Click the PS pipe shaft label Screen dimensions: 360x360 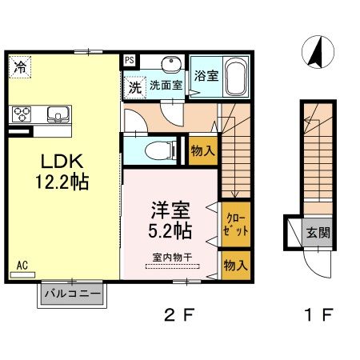(x=129, y=59)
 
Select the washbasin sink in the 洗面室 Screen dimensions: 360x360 (x=169, y=66)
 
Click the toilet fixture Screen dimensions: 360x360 (x=162, y=149)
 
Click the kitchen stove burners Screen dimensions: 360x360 (x=21, y=113)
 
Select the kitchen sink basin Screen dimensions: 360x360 (x=59, y=113)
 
